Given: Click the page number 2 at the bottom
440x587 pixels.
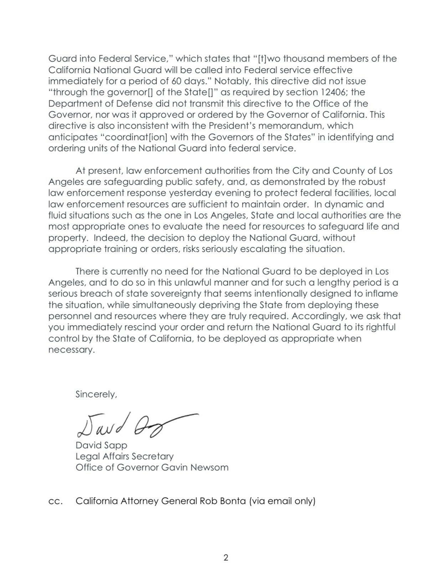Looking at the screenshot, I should click(226, 557).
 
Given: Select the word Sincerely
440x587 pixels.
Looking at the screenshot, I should click(96, 395).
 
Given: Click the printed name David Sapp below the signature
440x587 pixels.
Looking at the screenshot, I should click(101, 445).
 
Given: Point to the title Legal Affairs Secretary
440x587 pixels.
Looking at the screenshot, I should click(124, 456).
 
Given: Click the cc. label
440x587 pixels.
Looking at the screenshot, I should click(56, 501).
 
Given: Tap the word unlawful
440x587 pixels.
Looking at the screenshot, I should click(183, 282).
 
